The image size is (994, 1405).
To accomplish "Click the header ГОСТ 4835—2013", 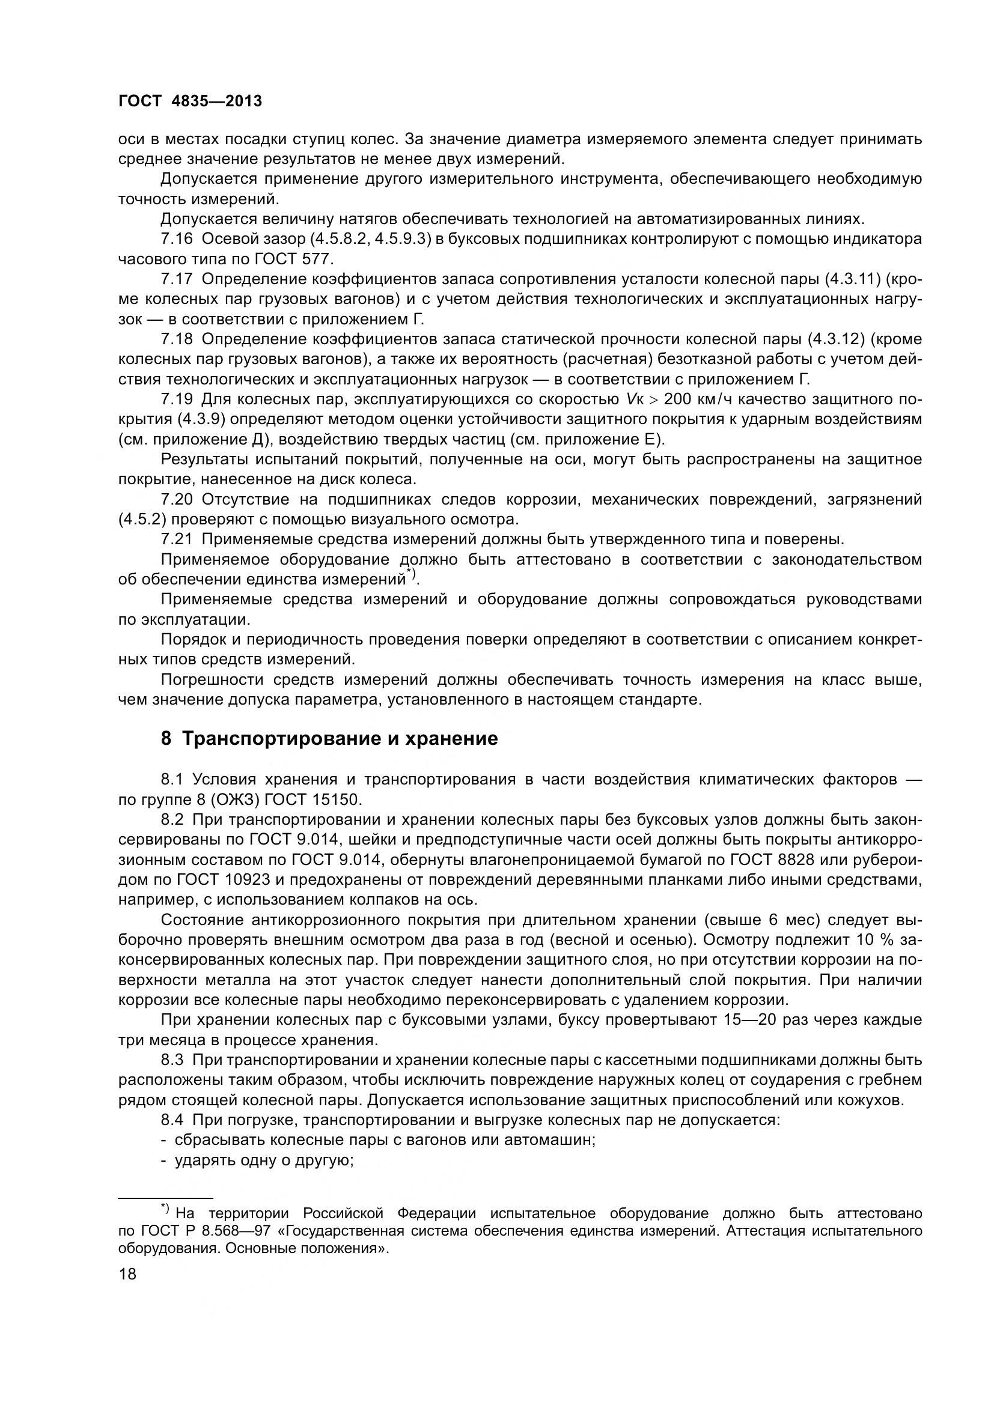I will tap(190, 101).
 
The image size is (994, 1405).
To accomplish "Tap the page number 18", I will tap(127, 1274).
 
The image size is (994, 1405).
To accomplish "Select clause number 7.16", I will tap(177, 238).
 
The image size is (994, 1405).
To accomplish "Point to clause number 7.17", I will tap(177, 279).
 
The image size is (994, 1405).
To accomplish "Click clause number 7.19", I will tap(177, 399).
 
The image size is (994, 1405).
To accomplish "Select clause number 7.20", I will tap(177, 500).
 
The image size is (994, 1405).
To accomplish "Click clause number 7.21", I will tap(177, 540).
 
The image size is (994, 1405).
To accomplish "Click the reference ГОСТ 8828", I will tap(772, 859).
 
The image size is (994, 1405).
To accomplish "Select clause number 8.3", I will tap(175, 1060).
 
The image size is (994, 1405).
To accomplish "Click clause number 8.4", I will tap(175, 1120).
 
